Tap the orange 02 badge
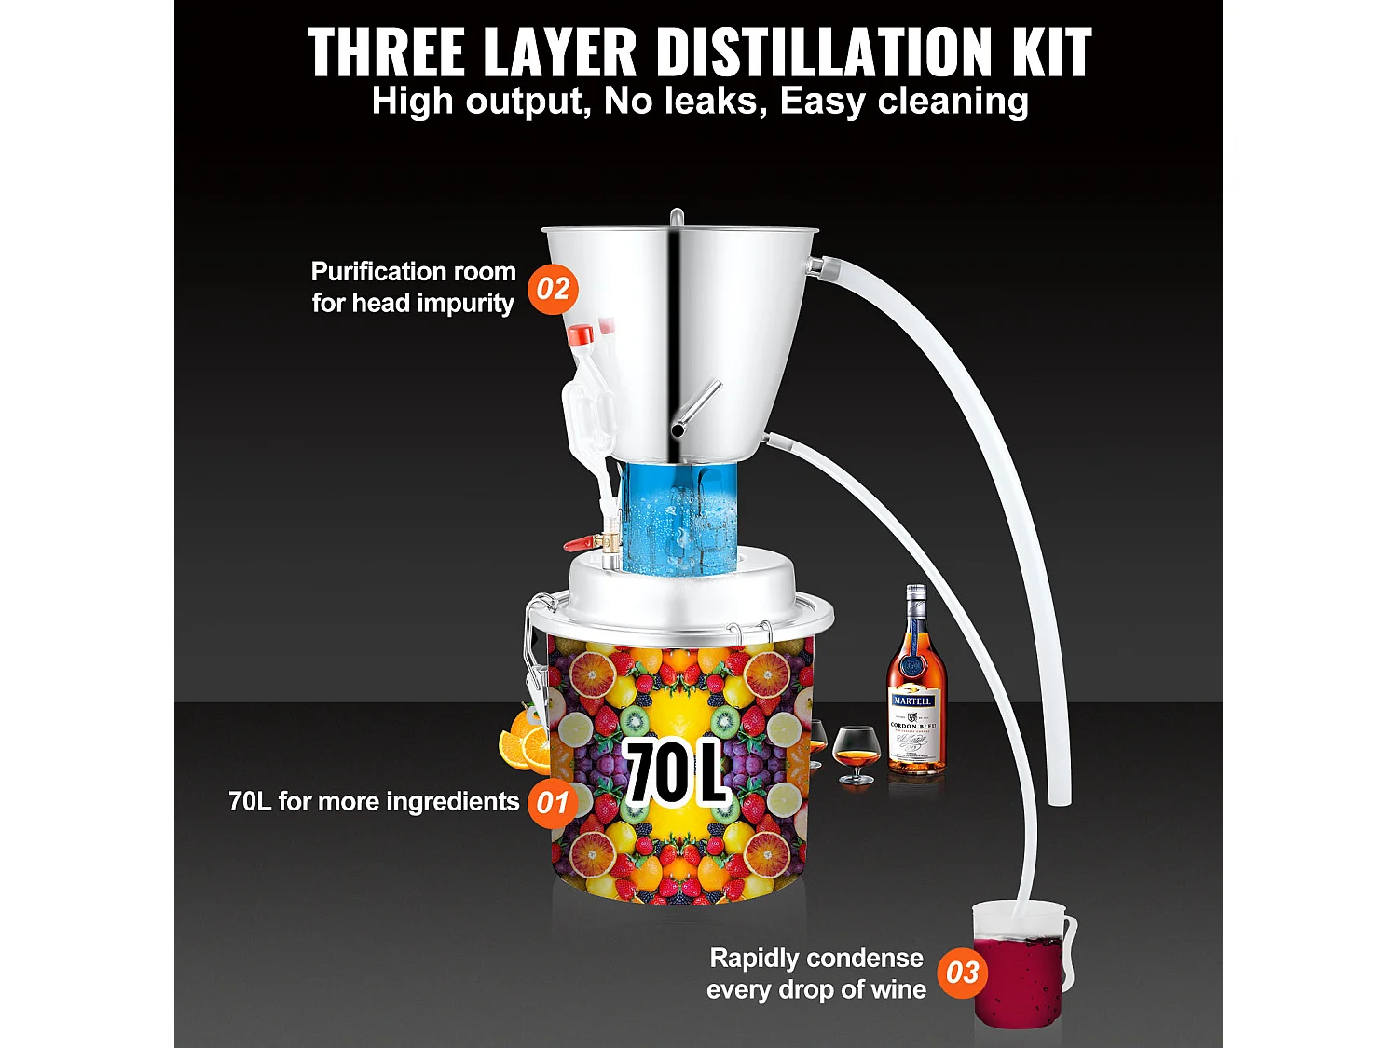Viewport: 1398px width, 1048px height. [553, 289]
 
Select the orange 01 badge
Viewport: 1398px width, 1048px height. [552, 802]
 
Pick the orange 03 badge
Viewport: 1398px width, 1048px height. [962, 973]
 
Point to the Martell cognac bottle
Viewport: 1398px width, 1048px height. [914, 689]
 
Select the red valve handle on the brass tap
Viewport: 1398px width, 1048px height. [578, 541]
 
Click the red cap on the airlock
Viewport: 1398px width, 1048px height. [581, 333]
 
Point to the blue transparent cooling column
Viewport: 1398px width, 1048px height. [680, 517]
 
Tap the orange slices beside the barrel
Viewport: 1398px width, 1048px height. [523, 742]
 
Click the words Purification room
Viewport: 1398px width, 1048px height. [413, 271]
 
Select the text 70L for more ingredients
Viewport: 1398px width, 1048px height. [373, 802]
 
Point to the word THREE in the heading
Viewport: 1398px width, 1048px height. [386, 52]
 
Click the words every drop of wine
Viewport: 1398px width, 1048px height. [816, 989]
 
